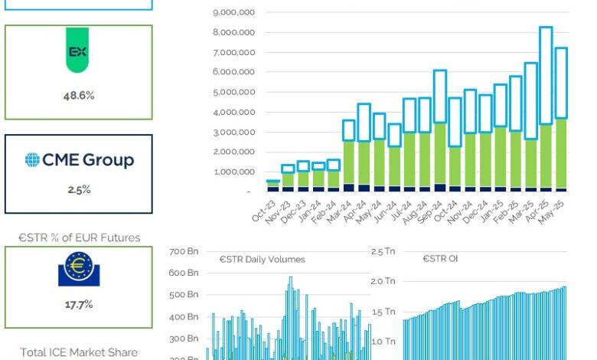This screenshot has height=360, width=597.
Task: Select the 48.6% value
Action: point(78,97)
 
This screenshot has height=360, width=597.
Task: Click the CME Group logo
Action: point(79,160)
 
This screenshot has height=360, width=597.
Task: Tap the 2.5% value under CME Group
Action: point(78,189)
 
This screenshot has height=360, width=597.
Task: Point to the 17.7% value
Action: point(78,304)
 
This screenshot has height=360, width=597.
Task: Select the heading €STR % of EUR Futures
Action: point(79,237)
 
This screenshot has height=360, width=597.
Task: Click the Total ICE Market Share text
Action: point(79,352)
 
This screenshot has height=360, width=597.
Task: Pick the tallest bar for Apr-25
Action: point(546,107)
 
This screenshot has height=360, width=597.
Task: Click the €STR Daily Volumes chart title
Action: point(261,259)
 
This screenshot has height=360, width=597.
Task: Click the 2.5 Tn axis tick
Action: point(383,251)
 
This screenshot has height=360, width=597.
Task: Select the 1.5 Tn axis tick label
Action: point(383,312)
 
